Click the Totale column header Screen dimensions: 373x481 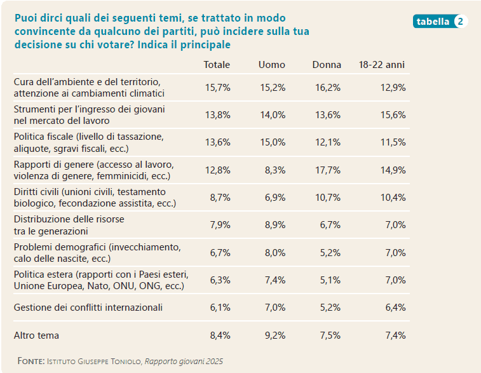pyautogui.click(x=216, y=65)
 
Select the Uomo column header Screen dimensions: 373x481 pyautogui.click(x=271, y=65)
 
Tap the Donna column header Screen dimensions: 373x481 pyautogui.click(x=327, y=65)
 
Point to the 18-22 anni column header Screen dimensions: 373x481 pyautogui.click(x=381, y=65)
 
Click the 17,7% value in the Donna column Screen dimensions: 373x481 pyautogui.click(x=329, y=170)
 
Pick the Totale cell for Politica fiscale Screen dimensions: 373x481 pyautogui.click(x=218, y=142)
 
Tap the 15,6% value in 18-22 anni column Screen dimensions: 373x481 pyautogui.click(x=393, y=115)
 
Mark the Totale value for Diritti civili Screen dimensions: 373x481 pyautogui.click(x=220, y=198)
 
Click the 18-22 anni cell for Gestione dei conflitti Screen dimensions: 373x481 pyautogui.click(x=395, y=308)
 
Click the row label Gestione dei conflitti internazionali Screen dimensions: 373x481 pyautogui.click(x=88, y=308)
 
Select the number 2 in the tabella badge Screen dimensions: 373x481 pyautogui.click(x=461, y=21)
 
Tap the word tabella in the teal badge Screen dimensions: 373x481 pyautogui.click(x=433, y=21)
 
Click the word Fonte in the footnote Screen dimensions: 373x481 pyautogui.click(x=30, y=361)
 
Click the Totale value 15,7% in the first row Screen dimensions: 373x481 pyautogui.click(x=217, y=88)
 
